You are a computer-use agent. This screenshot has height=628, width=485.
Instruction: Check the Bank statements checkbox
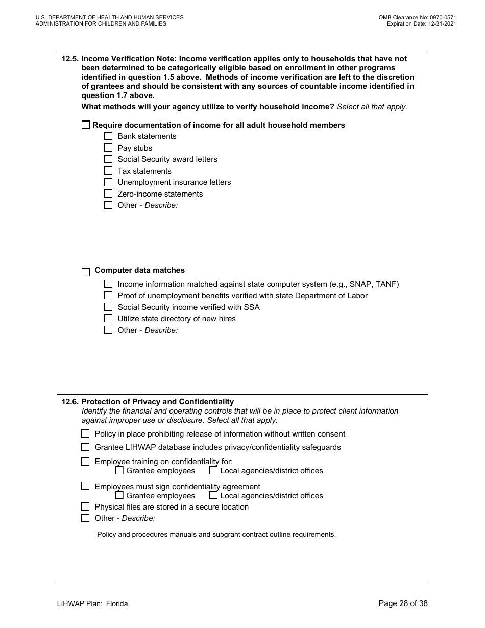click(108, 136)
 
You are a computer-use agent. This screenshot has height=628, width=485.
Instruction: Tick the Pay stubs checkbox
click(108, 148)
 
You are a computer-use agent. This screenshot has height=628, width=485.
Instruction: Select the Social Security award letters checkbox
click(108, 159)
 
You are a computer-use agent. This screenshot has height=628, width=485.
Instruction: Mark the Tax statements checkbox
click(108, 171)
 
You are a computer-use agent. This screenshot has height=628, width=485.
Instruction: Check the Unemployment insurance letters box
click(108, 182)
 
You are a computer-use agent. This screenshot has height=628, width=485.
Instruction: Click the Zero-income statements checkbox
click(108, 194)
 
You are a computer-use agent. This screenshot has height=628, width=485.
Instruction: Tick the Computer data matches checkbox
click(86, 272)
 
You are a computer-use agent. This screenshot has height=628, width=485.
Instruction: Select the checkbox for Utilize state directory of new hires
click(108, 319)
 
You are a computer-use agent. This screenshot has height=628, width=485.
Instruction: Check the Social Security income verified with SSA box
click(108, 307)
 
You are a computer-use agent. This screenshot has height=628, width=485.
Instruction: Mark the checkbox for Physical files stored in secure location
click(86, 507)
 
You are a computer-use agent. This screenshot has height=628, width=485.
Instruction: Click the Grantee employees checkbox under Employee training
click(119, 471)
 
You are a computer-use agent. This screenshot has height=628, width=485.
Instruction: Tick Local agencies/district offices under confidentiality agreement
click(213, 495)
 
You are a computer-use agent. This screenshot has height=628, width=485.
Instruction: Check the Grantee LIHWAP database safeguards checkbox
click(86, 447)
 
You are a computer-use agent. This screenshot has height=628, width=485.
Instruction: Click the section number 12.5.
click(70, 59)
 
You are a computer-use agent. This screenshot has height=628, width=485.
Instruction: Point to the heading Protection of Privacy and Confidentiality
click(157, 402)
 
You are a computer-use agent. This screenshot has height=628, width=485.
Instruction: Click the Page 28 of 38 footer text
click(403, 603)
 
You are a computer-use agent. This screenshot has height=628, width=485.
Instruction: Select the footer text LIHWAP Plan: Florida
click(92, 603)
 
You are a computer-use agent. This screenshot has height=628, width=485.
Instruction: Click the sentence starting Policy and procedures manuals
click(216, 535)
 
